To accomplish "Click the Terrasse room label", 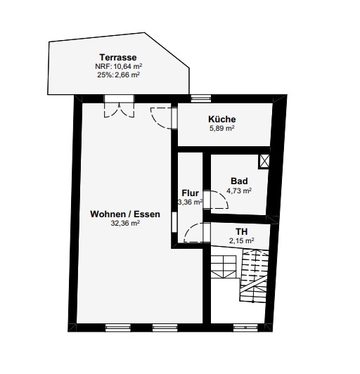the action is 118,58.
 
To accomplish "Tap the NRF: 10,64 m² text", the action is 119,66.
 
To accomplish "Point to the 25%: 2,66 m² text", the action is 118,75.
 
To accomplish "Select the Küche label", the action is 222,119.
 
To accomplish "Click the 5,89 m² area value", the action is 222,129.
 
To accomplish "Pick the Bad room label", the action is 239,181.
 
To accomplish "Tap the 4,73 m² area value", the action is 239,191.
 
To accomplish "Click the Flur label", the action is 190,193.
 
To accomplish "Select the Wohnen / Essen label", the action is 125,214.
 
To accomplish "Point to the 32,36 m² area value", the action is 125,224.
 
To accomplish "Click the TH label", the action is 241,231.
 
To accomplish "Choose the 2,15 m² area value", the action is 241,240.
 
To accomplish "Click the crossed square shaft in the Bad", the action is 264,162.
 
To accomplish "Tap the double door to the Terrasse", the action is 119,110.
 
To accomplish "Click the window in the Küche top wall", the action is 201,98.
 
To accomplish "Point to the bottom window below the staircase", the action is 245,328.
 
